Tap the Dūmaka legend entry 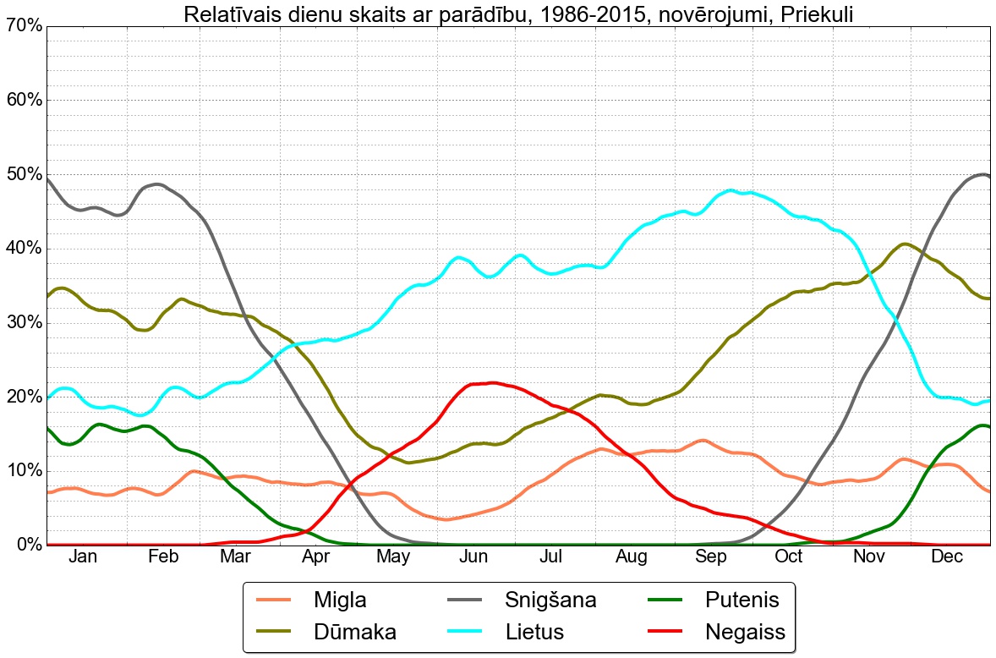click(x=354, y=631)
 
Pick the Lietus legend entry click(x=534, y=631)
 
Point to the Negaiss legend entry click(x=745, y=631)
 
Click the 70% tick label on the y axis click(x=23, y=26)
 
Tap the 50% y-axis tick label click(x=23, y=174)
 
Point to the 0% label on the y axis click(x=27, y=545)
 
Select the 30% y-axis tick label click(x=23, y=322)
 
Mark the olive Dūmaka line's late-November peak click(x=904, y=244)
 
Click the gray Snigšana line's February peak click(x=157, y=184)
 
